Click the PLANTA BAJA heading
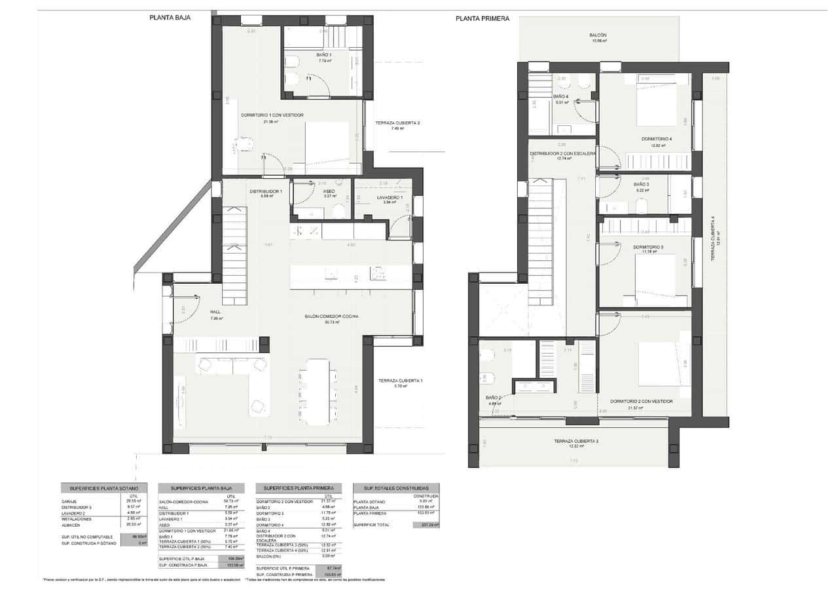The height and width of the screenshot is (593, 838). pos(170,18)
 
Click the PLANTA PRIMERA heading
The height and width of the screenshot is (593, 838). pos(482,19)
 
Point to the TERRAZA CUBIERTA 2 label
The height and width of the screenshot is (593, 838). pos(397,123)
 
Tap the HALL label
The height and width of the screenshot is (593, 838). pos(215,312)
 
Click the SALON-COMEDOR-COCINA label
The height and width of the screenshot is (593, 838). pos(331,316)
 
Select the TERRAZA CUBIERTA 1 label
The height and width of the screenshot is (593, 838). pos(399,381)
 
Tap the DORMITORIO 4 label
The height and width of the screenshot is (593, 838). pos(657,139)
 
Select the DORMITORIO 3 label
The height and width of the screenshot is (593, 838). pos(648,247)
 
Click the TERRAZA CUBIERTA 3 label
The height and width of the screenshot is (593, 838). pos(575,441)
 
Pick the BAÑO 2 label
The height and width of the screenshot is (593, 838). pos(493,398)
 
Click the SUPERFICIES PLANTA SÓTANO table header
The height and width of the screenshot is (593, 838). pos(100,489)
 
